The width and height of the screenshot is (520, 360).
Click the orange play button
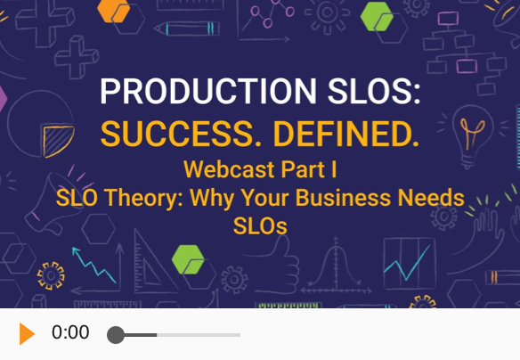[28, 333]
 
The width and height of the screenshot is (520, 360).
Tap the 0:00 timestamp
[70, 332]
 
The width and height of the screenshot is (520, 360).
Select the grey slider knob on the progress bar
[116, 335]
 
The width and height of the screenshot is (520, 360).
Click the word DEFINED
[346, 134]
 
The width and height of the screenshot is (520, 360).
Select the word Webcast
[229, 169]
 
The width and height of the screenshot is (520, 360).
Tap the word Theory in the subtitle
[143, 199]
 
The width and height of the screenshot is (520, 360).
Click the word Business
[343, 198]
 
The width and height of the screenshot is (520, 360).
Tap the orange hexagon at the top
[114, 11]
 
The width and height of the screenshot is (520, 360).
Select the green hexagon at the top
[377, 17]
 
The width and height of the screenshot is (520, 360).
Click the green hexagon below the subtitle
[188, 259]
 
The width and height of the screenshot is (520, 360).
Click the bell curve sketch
[336, 266]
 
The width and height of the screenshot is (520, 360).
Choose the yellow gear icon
[51, 275]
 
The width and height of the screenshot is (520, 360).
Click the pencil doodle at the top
[187, 29]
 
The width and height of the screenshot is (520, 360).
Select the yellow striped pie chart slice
[57, 141]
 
